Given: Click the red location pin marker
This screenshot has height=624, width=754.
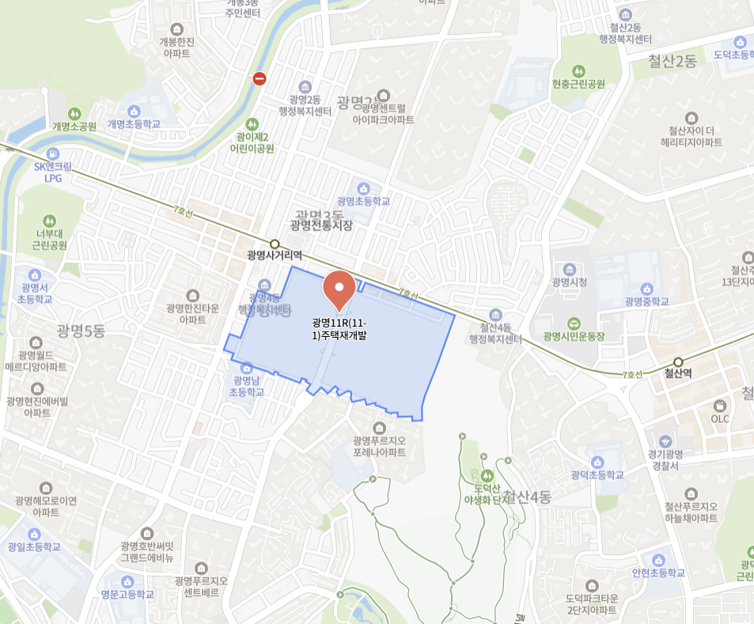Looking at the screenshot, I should click(x=340, y=289).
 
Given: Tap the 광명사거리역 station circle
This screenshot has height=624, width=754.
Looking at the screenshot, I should click(x=275, y=244).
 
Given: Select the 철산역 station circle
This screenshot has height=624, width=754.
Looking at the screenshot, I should click(x=678, y=362).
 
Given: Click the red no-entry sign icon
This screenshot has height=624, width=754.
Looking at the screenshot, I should click(x=260, y=78).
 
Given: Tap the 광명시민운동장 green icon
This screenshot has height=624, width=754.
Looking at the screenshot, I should click(x=574, y=323).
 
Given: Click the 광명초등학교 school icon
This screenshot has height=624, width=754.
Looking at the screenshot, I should click(x=363, y=188).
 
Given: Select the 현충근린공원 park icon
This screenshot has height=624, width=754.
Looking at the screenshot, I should click(x=578, y=70).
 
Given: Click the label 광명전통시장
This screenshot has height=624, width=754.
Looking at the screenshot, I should click(x=320, y=225).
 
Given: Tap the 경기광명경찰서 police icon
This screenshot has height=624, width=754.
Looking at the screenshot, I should click(x=665, y=441).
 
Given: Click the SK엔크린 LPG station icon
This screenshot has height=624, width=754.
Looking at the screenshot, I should click(x=52, y=153).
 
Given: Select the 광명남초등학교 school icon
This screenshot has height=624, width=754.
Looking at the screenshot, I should click(x=247, y=368).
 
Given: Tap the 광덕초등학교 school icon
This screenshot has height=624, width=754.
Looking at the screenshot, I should click(x=597, y=462).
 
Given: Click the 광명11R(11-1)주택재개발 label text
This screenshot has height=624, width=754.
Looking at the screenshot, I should click(x=339, y=329).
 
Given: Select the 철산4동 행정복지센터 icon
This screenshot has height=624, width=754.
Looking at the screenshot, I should click(x=496, y=315).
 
